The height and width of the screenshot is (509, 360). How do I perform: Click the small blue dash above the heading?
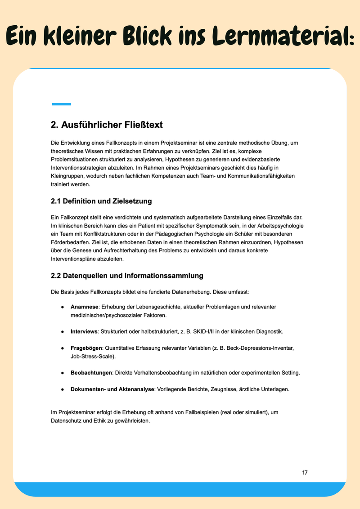point(61,104)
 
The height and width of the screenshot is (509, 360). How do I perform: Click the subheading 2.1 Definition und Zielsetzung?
point(101,201)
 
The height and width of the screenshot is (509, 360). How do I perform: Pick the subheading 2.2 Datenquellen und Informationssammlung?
point(127,275)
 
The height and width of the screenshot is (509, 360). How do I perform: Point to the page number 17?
point(305,473)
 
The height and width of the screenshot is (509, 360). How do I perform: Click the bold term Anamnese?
point(85,307)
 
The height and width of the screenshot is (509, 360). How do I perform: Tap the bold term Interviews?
point(84,331)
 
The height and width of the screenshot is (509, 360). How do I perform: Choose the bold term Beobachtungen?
point(90,373)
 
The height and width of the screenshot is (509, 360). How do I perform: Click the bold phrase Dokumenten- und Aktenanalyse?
point(112,389)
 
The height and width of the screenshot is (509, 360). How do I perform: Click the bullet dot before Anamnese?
point(63,307)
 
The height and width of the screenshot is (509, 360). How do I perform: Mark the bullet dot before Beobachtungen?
point(63,373)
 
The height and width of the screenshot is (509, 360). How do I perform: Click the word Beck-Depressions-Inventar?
point(258,348)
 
